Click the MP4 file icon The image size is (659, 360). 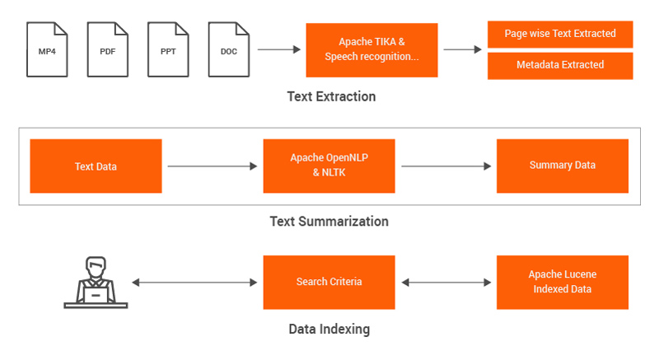pos(47,49)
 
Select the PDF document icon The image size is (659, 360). pos(108,49)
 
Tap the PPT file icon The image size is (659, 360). pos(168,49)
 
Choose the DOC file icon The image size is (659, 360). pos(229,49)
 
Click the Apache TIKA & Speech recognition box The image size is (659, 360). pos(372,50)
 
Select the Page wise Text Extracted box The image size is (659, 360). pos(560,34)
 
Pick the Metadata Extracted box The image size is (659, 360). pos(560,66)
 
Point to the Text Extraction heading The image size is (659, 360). pos(332,96)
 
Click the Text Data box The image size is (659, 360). pos(96,166)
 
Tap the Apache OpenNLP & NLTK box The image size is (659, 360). pos(329,166)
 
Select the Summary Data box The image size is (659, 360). pos(563,166)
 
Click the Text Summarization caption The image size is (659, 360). pos(329,222)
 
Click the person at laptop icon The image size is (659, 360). pos(96,283)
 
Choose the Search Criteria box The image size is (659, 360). pos(329,283)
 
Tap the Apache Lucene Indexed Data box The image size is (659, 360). pos(563,283)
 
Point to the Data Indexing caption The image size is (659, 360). pos(329,329)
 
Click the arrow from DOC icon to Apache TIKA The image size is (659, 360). pos(279,49)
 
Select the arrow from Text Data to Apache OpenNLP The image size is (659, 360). pos(213,166)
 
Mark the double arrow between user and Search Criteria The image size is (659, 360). pos(194,283)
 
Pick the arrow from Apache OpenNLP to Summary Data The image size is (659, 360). pos(446,166)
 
